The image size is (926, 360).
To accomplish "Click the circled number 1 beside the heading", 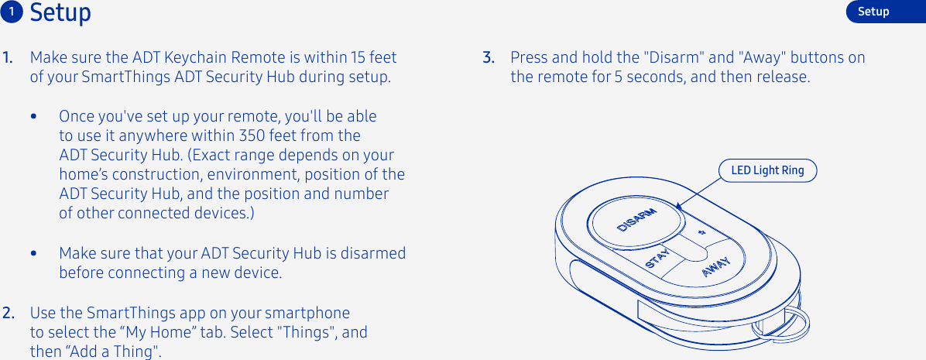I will click(13, 12).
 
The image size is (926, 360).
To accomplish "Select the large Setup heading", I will click(60, 13).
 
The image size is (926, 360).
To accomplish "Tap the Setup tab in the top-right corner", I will click(873, 12).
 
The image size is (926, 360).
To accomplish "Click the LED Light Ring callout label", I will click(767, 170).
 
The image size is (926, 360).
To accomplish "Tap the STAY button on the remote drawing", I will click(657, 257).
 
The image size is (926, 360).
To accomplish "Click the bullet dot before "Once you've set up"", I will click(33, 117).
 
